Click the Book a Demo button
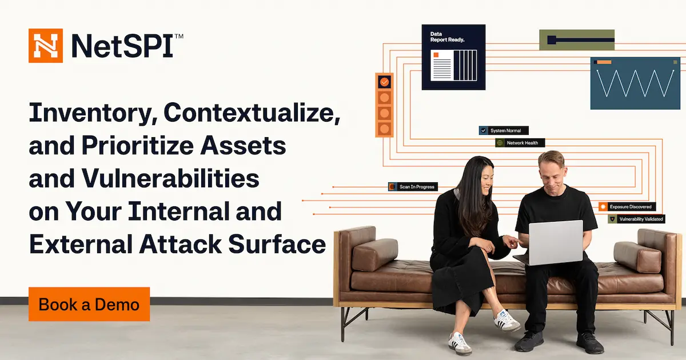89,304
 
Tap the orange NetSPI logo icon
46,46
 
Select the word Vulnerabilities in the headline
170,178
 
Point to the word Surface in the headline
277,244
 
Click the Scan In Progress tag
413,187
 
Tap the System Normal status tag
504,130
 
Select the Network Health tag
520,143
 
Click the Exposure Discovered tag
627,207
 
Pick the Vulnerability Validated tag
636,219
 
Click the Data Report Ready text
447,37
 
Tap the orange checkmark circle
384,82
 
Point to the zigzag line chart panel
635,83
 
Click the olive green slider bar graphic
577,40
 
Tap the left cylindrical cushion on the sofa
375,255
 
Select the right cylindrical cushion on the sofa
637,257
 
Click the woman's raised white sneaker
506,320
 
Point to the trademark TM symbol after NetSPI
179,36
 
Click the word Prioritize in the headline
138,146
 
